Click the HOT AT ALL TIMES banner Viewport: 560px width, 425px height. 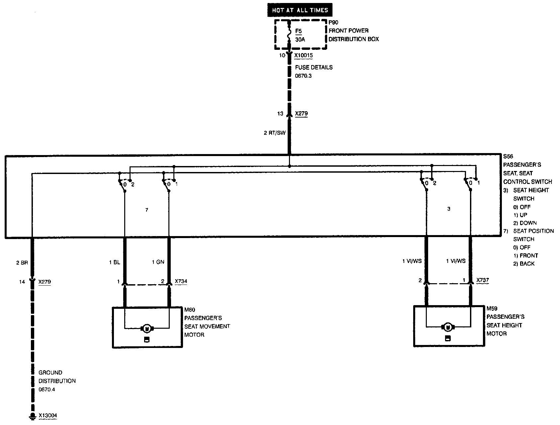pyautogui.click(x=300, y=10)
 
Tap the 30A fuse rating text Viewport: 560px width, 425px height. pyautogui.click(x=300, y=39)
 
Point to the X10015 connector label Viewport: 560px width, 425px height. pyautogui.click(x=304, y=55)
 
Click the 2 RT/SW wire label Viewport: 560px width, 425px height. pyautogui.click(x=275, y=133)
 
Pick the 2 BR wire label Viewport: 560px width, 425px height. pyautogui.click(x=22, y=263)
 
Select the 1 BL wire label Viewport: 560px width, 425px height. pyautogui.click(x=115, y=262)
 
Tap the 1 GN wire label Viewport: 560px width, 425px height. pyautogui.click(x=158, y=262)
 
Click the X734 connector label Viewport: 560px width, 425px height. pyautogui.click(x=181, y=281)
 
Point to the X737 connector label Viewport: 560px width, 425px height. pyautogui.click(x=483, y=280)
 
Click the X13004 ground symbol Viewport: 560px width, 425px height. pyautogui.click(x=32, y=416)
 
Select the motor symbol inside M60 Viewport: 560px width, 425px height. pyautogui.click(x=146, y=329)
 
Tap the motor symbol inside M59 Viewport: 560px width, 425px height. pyautogui.click(x=448, y=327)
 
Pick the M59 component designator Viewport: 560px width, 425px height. pyautogui.click(x=492, y=308)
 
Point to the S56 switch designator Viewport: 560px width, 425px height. pyautogui.click(x=509, y=156)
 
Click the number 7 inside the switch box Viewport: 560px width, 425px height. pyautogui.click(x=147, y=210)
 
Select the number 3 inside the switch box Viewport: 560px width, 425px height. pyautogui.click(x=449, y=209)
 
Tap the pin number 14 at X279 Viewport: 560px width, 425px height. pyautogui.click(x=22, y=282)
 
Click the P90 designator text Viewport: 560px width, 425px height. pyautogui.click(x=333, y=22)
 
